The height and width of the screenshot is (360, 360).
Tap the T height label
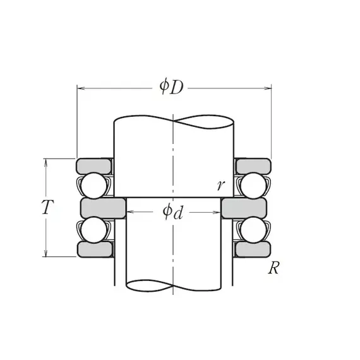[x=48, y=207]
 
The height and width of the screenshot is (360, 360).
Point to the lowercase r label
[x=221, y=185]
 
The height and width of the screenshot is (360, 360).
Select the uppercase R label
[x=273, y=268]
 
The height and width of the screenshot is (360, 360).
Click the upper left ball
[x=94, y=186]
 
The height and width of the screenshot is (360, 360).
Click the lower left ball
[x=94, y=230]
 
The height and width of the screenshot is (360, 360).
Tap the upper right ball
[x=253, y=186]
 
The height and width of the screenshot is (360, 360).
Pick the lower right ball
[x=253, y=230]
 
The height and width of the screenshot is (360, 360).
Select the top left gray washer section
[x=94, y=166]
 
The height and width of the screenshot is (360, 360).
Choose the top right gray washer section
[x=253, y=166]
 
